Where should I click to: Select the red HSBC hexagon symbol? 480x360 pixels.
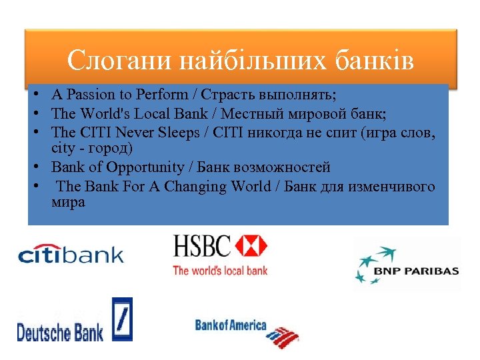[251, 246]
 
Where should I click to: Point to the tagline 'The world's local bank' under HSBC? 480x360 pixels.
[220, 270]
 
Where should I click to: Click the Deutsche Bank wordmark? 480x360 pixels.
[60, 331]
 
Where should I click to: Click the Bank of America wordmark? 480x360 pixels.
[230, 325]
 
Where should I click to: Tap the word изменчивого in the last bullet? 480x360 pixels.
[391, 186]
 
